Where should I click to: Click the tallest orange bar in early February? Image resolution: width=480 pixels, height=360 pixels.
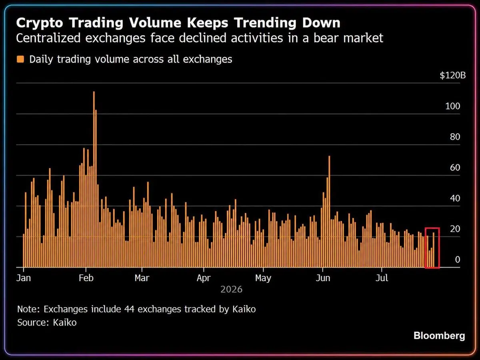coord(94,179)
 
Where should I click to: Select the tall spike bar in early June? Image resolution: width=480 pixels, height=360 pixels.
coord(329,211)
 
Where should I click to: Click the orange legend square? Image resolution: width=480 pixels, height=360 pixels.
coord(20,59)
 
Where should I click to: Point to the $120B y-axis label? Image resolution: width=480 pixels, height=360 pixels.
coord(453,76)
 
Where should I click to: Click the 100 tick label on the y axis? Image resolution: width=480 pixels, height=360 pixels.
coord(453,106)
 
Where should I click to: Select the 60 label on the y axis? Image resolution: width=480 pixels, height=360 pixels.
coord(455,168)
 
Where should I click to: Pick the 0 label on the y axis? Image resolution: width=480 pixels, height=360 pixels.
coord(458,260)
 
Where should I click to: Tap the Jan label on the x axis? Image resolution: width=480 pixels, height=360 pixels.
coord(24,278)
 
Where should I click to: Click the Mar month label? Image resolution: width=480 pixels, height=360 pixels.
coord(142,278)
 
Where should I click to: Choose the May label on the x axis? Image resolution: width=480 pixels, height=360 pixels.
coord(263,278)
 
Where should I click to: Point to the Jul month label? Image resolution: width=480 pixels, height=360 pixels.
coord(382,278)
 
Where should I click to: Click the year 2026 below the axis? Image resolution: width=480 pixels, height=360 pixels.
coord(231,289)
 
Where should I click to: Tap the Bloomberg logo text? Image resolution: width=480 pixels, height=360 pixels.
coord(439,336)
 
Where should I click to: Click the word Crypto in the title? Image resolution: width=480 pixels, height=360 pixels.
coord(40,23)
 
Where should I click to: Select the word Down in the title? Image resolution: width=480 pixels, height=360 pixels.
coord(321,22)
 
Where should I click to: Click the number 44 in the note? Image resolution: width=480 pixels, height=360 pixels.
coord(129,309)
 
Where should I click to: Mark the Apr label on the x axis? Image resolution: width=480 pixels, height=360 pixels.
coord(203,278)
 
